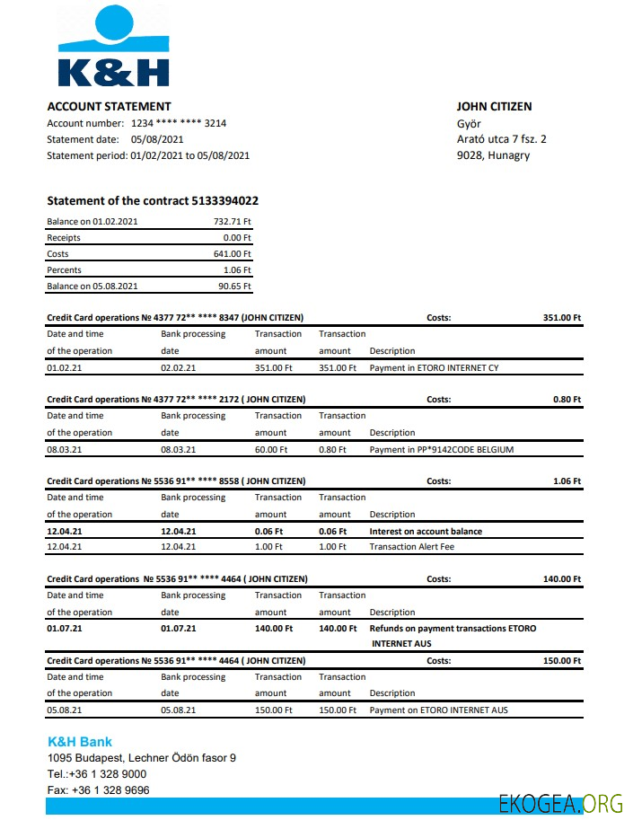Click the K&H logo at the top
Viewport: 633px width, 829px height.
pos(112,47)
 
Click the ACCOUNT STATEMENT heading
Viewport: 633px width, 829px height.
pos(109,106)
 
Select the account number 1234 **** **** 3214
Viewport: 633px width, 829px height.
pos(172,123)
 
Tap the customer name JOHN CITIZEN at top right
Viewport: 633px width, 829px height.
pos(494,106)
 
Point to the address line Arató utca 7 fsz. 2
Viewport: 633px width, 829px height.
pos(501,139)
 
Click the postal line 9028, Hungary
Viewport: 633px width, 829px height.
pos(493,155)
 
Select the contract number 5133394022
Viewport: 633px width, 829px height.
pos(224,200)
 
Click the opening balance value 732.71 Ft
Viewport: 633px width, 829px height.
pos(232,221)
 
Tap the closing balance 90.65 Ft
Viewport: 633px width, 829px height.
pos(236,287)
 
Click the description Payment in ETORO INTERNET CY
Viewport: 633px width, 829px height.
pos(434,367)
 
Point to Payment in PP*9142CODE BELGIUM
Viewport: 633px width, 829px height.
pos(442,449)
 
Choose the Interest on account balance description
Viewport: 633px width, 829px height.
pos(426,531)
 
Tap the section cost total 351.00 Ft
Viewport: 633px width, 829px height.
pos(562,317)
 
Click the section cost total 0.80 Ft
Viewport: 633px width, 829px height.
pos(567,399)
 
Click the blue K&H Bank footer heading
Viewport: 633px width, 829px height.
pos(80,742)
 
